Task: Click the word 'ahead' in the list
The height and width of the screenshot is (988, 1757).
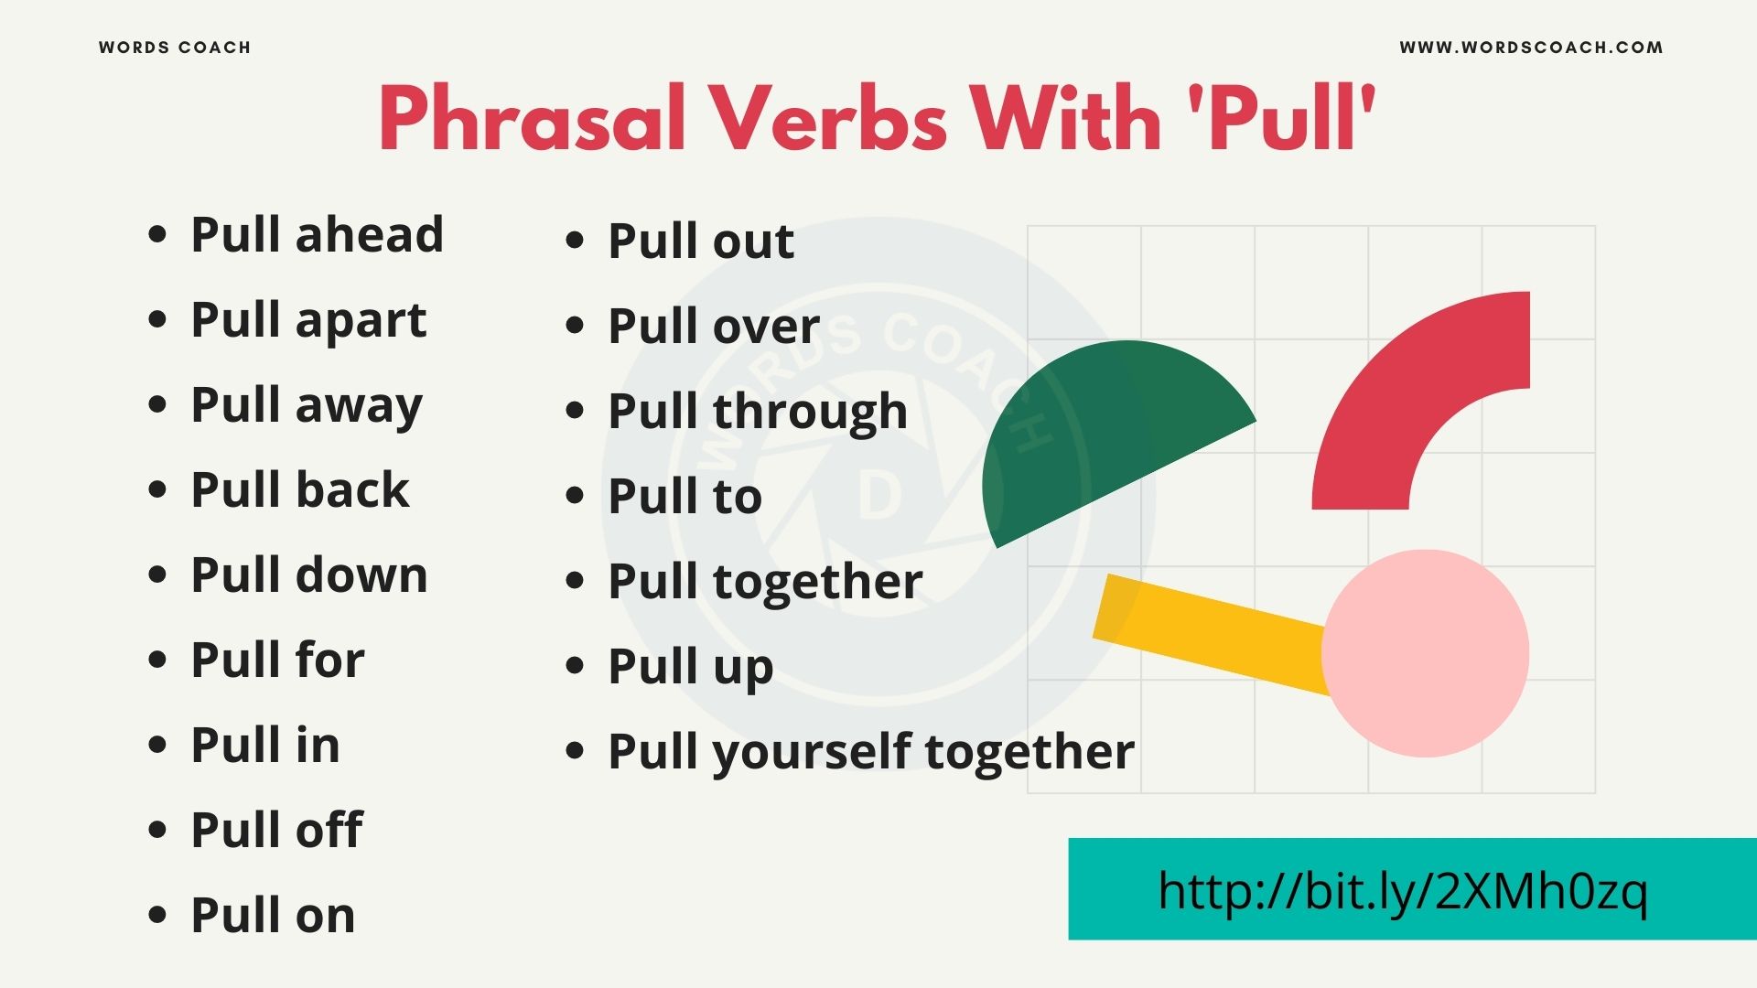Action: [x=369, y=234]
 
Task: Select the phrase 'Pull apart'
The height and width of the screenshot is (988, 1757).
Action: [x=308, y=320]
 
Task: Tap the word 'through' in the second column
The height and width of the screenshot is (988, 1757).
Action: [x=810, y=411]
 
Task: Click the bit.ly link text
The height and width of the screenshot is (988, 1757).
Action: [x=1402, y=890]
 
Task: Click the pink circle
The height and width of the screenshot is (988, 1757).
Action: [x=1425, y=653]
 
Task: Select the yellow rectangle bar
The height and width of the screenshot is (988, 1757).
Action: [x=1208, y=631]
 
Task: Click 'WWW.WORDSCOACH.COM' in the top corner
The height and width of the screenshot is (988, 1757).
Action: [x=1531, y=48]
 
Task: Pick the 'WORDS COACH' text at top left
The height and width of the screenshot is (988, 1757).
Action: [x=175, y=48]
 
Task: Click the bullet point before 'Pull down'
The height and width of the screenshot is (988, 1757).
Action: [x=157, y=575]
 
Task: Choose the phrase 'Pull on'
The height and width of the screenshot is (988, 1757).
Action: [x=273, y=915]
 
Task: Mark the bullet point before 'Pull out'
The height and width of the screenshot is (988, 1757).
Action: [x=575, y=241]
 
